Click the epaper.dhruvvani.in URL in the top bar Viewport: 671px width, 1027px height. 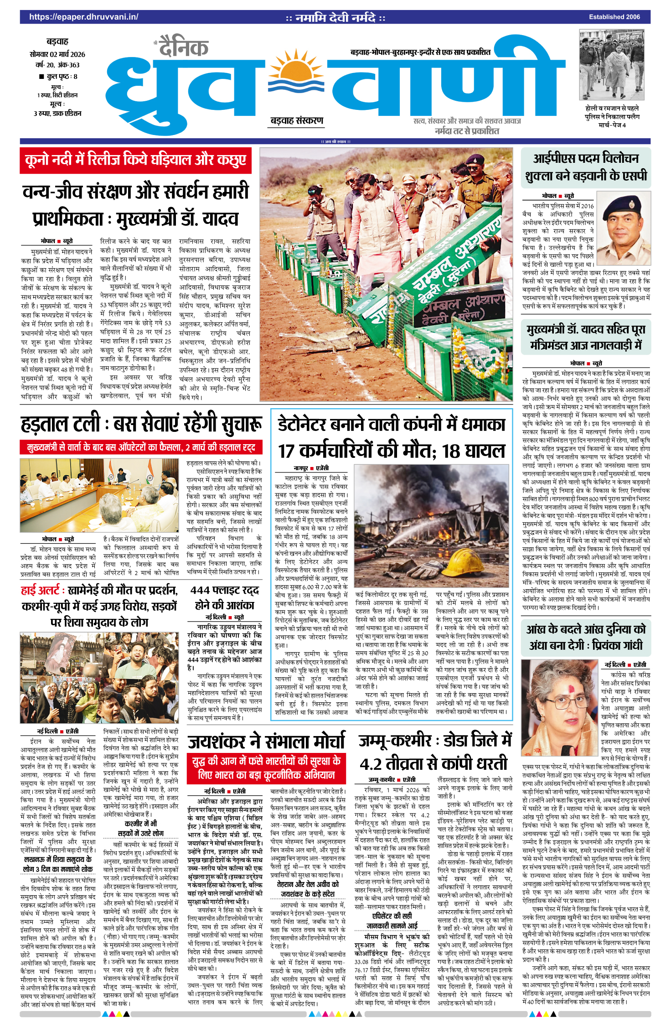tap(84, 17)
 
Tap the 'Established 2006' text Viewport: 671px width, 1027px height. tap(614, 17)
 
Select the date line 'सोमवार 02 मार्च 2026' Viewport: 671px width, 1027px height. tap(57, 54)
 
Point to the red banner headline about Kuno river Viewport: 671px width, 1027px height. tap(135, 161)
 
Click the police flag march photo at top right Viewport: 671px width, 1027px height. tap(612, 65)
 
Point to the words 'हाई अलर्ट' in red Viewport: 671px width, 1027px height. tap(40, 591)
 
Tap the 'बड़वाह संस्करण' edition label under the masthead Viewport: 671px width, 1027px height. tap(297, 120)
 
